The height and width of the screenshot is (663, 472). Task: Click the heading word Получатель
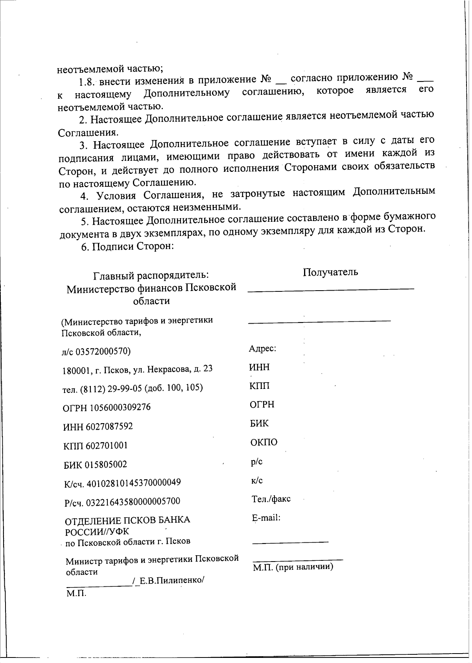pos(330,272)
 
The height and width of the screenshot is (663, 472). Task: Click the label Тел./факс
pos(271,499)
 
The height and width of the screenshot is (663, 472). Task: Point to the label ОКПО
pos(264,442)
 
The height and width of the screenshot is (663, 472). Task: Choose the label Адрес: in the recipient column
pos(262,348)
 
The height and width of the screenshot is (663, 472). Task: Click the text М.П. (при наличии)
pos(293,567)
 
